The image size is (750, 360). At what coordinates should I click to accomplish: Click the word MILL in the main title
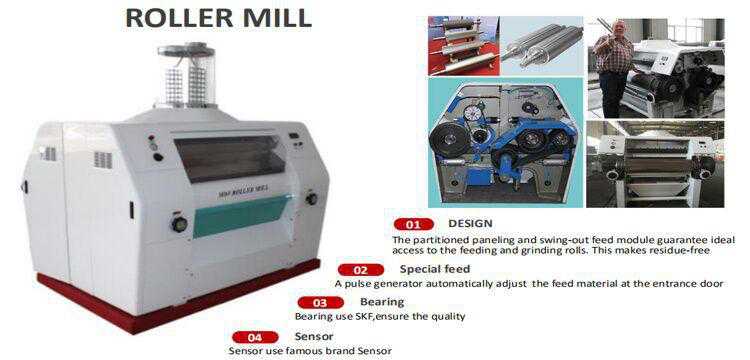[275, 18]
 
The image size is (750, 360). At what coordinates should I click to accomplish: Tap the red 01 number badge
[413, 224]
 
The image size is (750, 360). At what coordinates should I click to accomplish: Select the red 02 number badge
[361, 269]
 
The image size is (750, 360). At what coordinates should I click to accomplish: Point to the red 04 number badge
[255, 336]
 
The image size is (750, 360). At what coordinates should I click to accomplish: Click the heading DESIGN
[470, 223]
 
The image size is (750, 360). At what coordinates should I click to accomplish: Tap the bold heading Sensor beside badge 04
[314, 335]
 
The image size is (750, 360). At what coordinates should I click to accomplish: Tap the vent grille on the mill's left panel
[101, 158]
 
